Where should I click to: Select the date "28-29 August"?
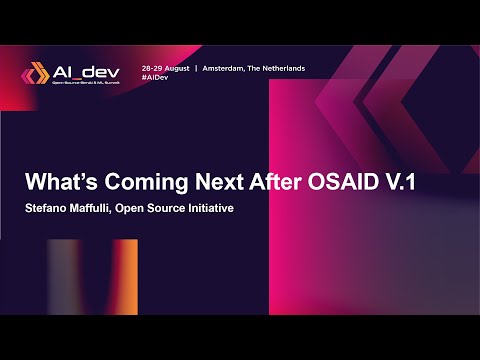165,68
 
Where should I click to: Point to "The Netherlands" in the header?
282,68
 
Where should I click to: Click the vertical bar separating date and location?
196,68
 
